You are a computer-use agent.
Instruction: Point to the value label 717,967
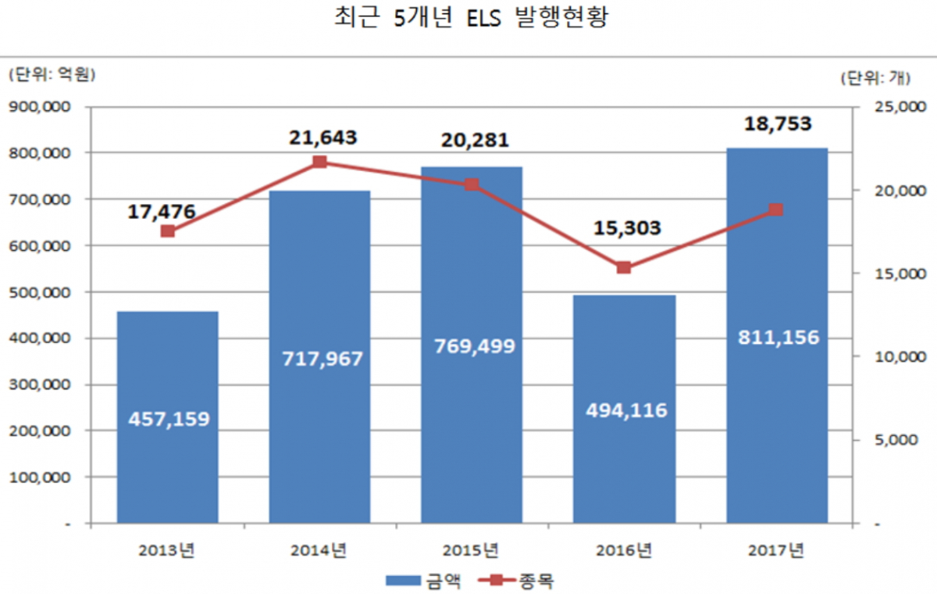(x=320, y=359)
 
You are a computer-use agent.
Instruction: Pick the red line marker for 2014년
(x=320, y=162)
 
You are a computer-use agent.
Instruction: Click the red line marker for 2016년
(x=624, y=267)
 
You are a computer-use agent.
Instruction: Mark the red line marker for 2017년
(x=776, y=209)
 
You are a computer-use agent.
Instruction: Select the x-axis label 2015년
(x=472, y=550)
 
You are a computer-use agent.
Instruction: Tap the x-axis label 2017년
(x=776, y=550)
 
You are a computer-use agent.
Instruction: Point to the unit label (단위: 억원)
(x=51, y=75)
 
